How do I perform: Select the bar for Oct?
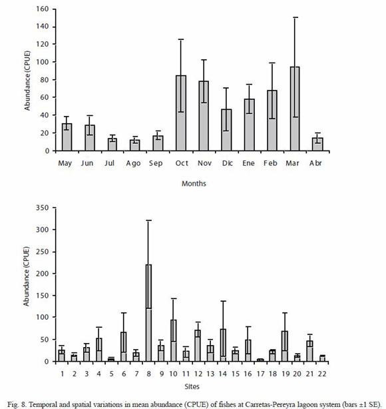pyautogui.click(x=181, y=113)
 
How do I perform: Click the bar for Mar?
pyautogui.click(x=295, y=109)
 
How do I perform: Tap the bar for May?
pyautogui.click(x=67, y=137)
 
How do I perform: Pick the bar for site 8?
pyautogui.click(x=148, y=313)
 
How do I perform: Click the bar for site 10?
pyautogui.click(x=173, y=340)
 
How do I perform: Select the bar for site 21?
pyautogui.click(x=309, y=351)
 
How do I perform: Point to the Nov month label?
pyautogui.click(x=204, y=163)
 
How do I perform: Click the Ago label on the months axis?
pyautogui.click(x=133, y=164)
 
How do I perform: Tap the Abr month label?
pyautogui.click(x=315, y=163)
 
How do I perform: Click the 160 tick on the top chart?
pyautogui.click(x=43, y=9)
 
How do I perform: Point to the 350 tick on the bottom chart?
pyautogui.click(x=43, y=208)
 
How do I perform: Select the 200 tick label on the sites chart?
pyautogui.click(x=43, y=274)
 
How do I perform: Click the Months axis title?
pyautogui.click(x=194, y=184)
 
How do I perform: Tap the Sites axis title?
pyautogui.click(x=192, y=386)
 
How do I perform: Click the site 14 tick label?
pyautogui.click(x=222, y=374)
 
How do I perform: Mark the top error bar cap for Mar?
pyautogui.click(x=295, y=17)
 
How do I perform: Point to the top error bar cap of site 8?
pyautogui.click(x=148, y=220)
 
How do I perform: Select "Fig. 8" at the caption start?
pyautogui.click(x=17, y=404)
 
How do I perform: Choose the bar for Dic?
pyautogui.click(x=226, y=130)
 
